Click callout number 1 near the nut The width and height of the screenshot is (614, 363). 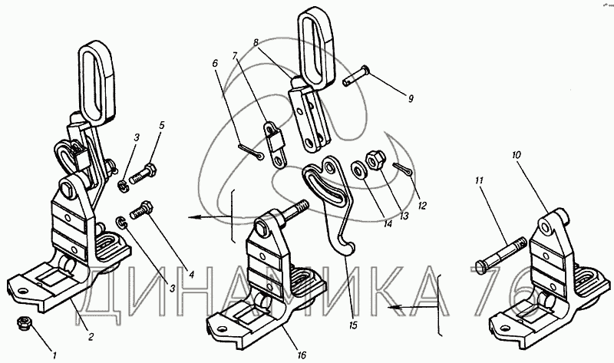[x=54, y=355]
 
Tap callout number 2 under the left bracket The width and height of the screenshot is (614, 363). [x=91, y=336]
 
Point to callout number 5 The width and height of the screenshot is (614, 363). [x=162, y=125]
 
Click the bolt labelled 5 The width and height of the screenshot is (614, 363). [x=143, y=174]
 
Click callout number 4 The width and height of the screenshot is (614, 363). [x=191, y=275]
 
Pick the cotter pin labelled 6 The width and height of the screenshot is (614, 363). [x=251, y=153]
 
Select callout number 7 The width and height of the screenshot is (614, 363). [x=235, y=56]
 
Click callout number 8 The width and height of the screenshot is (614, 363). [x=256, y=42]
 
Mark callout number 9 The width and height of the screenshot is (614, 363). [x=411, y=99]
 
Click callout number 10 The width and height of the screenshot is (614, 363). [x=516, y=155]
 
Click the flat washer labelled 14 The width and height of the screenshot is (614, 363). [x=357, y=169]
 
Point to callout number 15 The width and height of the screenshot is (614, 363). [x=353, y=325]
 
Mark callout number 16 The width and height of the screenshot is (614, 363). [x=302, y=355]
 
